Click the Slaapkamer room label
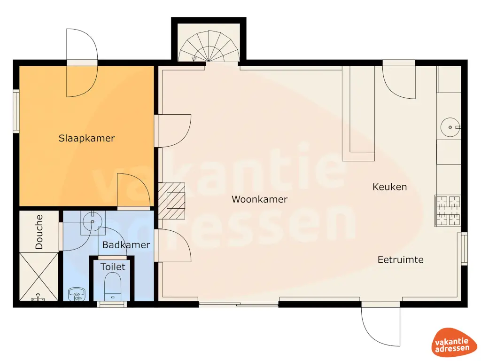[x=86, y=138]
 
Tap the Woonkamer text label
[x=259, y=199]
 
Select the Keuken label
[x=389, y=187]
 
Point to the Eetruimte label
[x=400, y=259]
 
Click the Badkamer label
[x=126, y=245]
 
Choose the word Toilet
[x=113, y=267]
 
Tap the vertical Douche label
[x=39, y=232]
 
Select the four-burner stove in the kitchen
[x=447, y=210]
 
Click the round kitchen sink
[x=450, y=127]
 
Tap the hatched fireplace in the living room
[x=171, y=201]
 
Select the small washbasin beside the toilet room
[x=76, y=294]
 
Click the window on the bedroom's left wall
[x=16, y=111]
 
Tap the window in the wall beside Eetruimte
[x=464, y=248]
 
